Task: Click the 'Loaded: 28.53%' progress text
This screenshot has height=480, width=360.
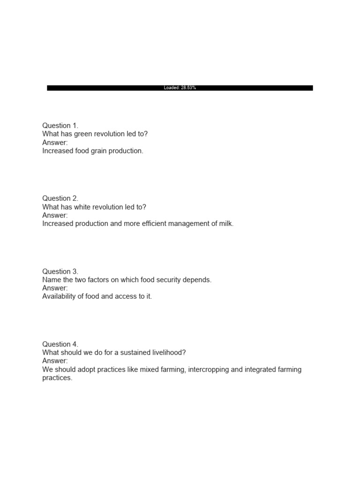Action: (x=180, y=88)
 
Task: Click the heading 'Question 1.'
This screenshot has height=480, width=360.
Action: (x=60, y=126)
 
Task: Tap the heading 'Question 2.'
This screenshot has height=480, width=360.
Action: (x=60, y=198)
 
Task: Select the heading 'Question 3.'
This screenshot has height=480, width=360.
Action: (x=60, y=271)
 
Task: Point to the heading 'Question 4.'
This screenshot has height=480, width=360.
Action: (x=60, y=344)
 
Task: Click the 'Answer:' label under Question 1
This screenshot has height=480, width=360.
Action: (x=55, y=142)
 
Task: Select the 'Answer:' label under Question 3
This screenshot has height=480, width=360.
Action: (x=55, y=288)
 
